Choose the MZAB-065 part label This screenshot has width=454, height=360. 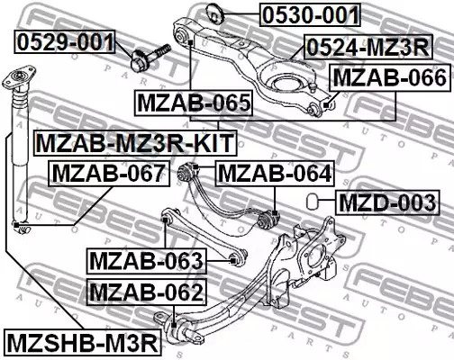tap(193, 103)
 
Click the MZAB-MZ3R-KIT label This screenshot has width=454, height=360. tap(135, 142)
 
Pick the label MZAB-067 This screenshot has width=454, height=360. tap(108, 172)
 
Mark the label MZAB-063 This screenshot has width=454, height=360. tap(147, 261)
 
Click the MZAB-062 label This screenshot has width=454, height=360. tap(147, 292)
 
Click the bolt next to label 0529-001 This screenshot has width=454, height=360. tap(152, 53)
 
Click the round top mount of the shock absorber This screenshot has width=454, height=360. tap(15, 80)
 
